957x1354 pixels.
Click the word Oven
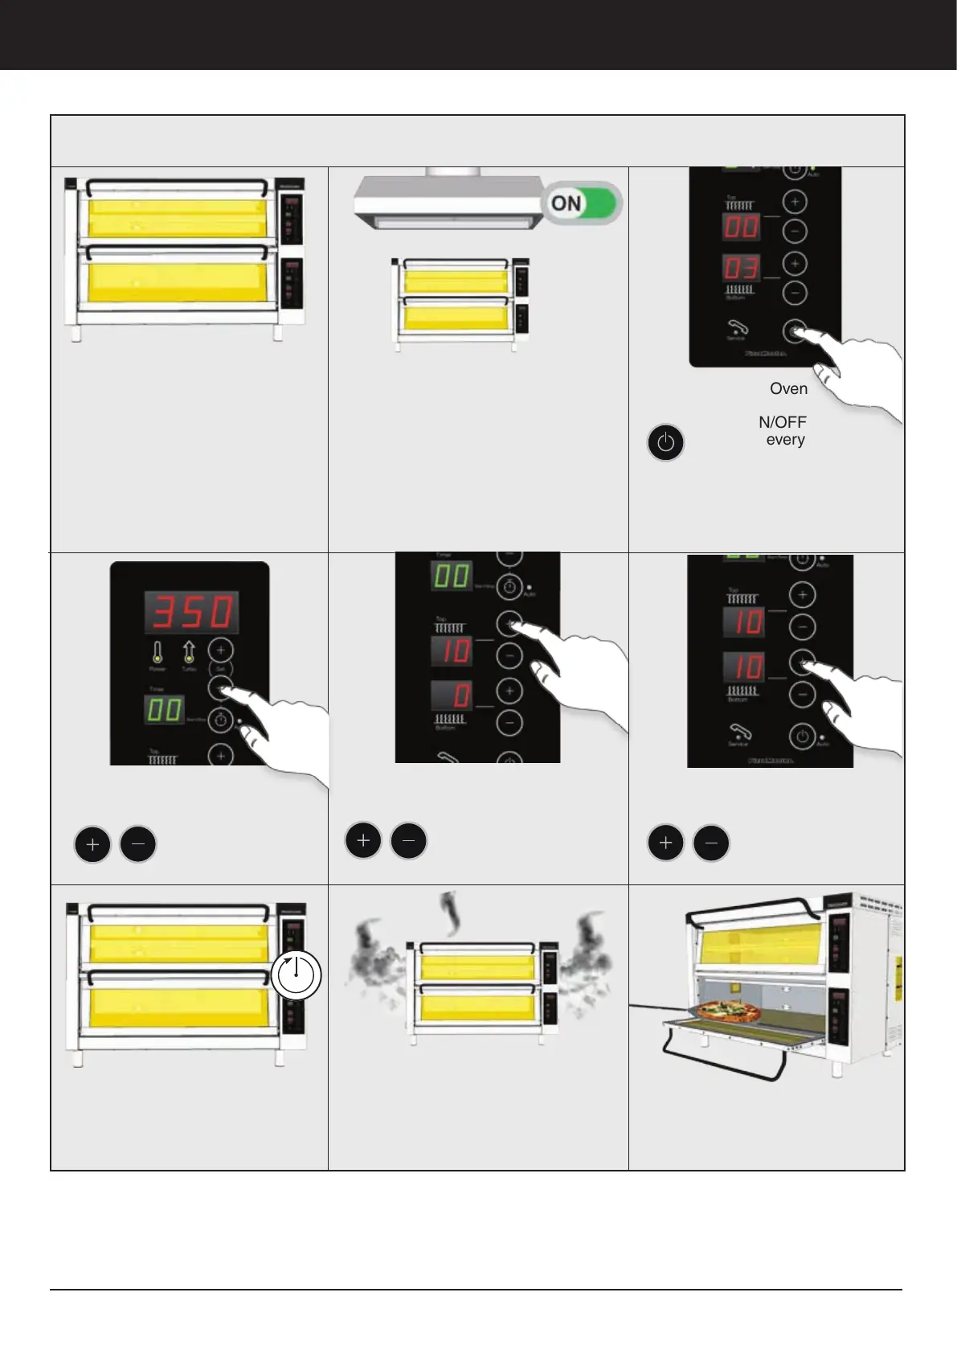pos(788,388)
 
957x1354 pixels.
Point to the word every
pos(785,440)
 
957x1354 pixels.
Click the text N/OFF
pos(782,422)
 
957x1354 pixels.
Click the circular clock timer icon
pos(297,974)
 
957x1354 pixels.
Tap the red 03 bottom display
pos(742,269)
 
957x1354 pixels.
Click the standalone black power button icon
pos(665,443)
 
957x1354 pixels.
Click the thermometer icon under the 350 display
pos(157,652)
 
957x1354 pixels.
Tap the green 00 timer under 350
pos(164,711)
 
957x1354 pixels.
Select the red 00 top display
pos(742,226)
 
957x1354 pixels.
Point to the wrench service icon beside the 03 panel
pos(737,328)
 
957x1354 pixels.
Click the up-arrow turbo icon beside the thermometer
pos(189,652)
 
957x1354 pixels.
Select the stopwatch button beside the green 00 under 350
pos(221,720)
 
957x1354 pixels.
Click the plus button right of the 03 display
pos(794,263)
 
